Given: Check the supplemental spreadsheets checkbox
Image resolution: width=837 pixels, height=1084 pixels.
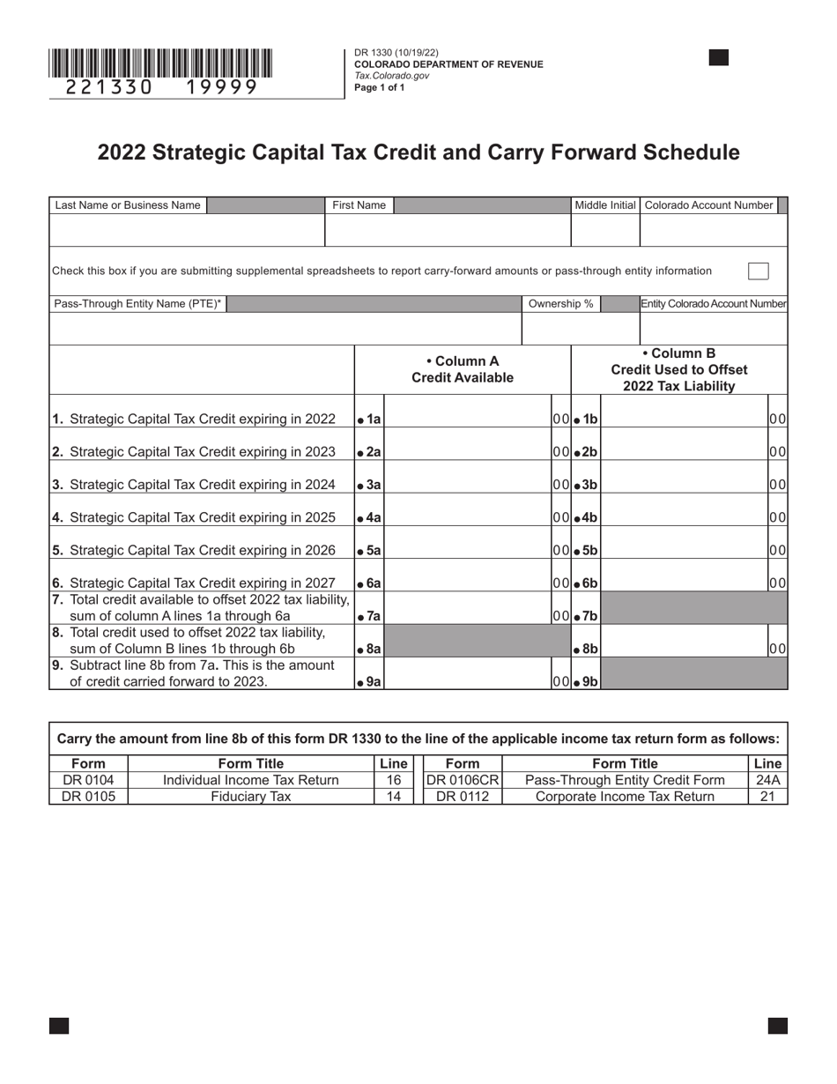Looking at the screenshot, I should point(758,271).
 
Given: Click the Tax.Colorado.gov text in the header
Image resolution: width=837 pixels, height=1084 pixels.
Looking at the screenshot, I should point(392,76).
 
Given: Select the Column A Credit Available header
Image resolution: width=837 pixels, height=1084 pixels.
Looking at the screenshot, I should point(463,369).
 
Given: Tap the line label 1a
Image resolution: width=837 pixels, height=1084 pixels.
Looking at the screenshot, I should point(369,419).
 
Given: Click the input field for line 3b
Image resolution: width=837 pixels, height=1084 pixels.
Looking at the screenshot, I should point(684,485).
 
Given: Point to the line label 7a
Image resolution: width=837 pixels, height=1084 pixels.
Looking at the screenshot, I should point(369,616).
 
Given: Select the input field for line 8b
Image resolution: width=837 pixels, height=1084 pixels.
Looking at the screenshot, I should point(684,649).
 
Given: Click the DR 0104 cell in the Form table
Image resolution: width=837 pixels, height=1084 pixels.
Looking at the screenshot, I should point(88,780).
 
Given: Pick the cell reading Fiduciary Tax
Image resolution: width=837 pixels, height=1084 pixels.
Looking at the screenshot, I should point(251,797).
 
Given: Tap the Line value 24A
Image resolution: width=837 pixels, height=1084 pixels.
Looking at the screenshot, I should point(768,780).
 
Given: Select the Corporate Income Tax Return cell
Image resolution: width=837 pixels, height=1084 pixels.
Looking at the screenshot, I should point(626,797).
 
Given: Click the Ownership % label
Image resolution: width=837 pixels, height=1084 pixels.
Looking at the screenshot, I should point(560,304).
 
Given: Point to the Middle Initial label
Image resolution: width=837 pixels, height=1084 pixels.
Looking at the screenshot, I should point(604,205).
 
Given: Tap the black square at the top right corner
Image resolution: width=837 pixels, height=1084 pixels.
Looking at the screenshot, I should point(719,58).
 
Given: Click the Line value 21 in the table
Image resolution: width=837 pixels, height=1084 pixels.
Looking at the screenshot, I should point(768,797).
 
